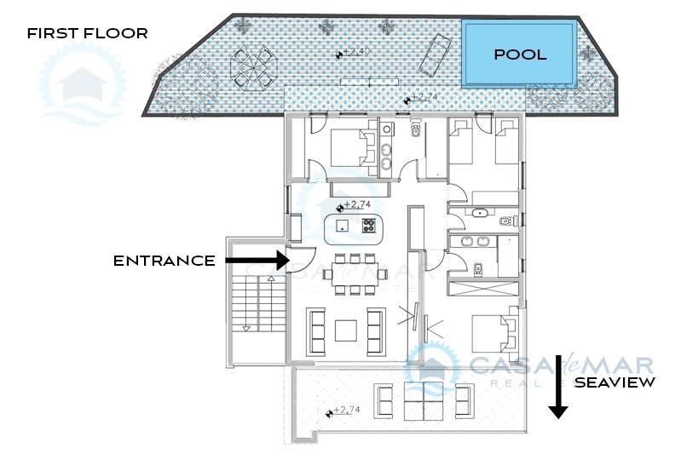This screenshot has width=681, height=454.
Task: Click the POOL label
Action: [x=520, y=55]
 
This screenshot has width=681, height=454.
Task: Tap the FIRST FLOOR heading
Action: [x=87, y=33]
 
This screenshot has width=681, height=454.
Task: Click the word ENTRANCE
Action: [x=164, y=261]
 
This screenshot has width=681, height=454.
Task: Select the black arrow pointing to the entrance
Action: [x=257, y=261]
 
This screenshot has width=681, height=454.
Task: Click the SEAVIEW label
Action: [x=615, y=382]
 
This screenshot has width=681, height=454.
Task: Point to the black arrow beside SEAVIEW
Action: [x=558, y=387]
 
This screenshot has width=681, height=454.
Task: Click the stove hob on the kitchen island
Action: [x=369, y=225]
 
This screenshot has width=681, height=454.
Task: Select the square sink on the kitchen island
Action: [x=343, y=225]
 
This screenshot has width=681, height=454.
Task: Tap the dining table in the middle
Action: [x=355, y=274]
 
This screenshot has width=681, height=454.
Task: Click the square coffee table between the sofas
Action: [x=346, y=330]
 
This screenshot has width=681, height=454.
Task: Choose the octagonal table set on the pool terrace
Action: [x=254, y=67]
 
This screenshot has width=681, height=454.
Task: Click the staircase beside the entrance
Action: [x=259, y=303]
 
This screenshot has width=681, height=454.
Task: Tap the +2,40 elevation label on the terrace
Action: [x=357, y=52]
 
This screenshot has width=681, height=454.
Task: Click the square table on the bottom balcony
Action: [x=424, y=401]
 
